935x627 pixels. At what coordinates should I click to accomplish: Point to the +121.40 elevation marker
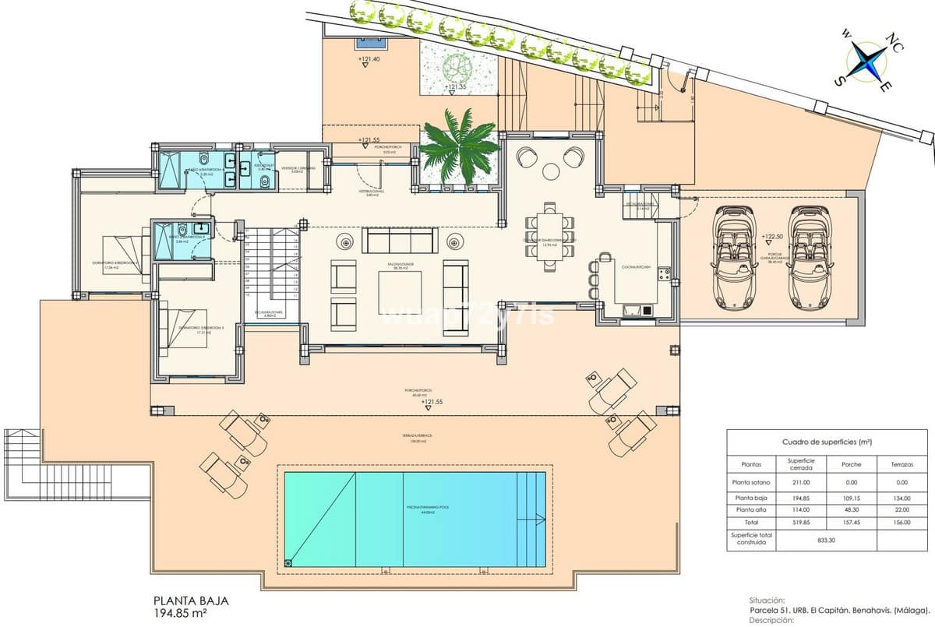[369, 59]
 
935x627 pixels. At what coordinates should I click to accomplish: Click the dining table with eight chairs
[551, 236]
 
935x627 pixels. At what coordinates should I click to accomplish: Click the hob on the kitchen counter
[664, 273]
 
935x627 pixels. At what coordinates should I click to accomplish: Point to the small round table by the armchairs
[551, 171]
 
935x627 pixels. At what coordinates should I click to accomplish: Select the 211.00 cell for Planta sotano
[801, 482]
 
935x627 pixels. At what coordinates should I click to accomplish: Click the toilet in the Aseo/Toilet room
[264, 181]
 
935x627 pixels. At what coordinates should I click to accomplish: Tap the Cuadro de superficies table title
[827, 442]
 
